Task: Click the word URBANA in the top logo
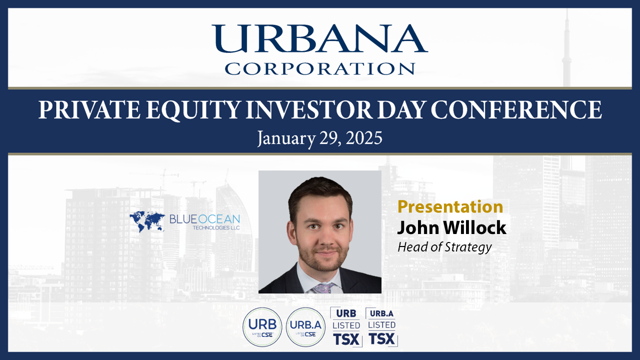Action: click(319, 38)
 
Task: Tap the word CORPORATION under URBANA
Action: click(319, 69)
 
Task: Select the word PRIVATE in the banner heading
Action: click(89, 109)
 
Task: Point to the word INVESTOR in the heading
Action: click(309, 109)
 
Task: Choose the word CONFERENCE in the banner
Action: click(516, 109)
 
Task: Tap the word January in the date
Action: click(286, 139)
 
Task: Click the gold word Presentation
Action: click(450, 206)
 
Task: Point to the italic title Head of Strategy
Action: click(444, 247)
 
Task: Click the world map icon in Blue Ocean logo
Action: click(147, 221)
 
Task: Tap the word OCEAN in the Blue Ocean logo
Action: click(219, 219)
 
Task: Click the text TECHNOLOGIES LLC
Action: click(216, 227)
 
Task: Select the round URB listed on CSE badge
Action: click(262, 327)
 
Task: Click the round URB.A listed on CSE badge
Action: click(305, 327)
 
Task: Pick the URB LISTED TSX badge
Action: click(346, 327)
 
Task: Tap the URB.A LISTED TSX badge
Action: click(381, 327)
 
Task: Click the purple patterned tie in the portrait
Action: click(323, 288)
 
